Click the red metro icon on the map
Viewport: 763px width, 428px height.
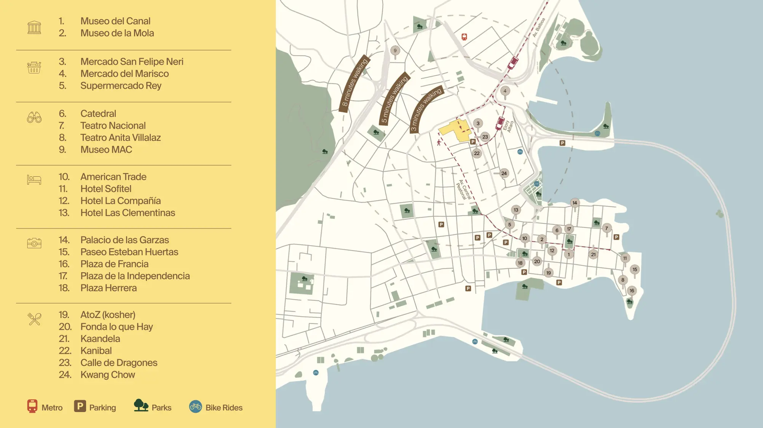point(464,37)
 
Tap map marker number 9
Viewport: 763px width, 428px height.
point(395,51)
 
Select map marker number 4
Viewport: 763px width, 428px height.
point(505,91)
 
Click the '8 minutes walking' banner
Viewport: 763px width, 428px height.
point(354,85)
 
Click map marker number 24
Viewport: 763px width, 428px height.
point(504,173)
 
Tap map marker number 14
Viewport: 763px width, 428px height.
point(575,203)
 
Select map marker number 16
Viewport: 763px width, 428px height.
point(632,291)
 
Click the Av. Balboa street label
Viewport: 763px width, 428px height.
point(539,27)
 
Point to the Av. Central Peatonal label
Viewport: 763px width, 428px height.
point(464,190)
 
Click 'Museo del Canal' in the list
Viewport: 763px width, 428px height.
point(115,21)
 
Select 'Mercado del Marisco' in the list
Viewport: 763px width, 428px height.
point(124,73)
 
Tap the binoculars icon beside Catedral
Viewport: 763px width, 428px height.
point(34,117)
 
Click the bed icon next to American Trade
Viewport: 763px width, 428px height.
point(34,179)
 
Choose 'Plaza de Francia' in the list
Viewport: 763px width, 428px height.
point(114,264)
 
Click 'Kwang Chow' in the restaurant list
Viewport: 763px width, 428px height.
point(107,375)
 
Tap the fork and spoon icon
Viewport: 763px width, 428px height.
point(34,319)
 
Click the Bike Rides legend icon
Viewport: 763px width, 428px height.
point(195,407)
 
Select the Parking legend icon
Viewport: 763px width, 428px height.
point(80,406)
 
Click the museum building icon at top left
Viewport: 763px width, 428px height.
point(34,27)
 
